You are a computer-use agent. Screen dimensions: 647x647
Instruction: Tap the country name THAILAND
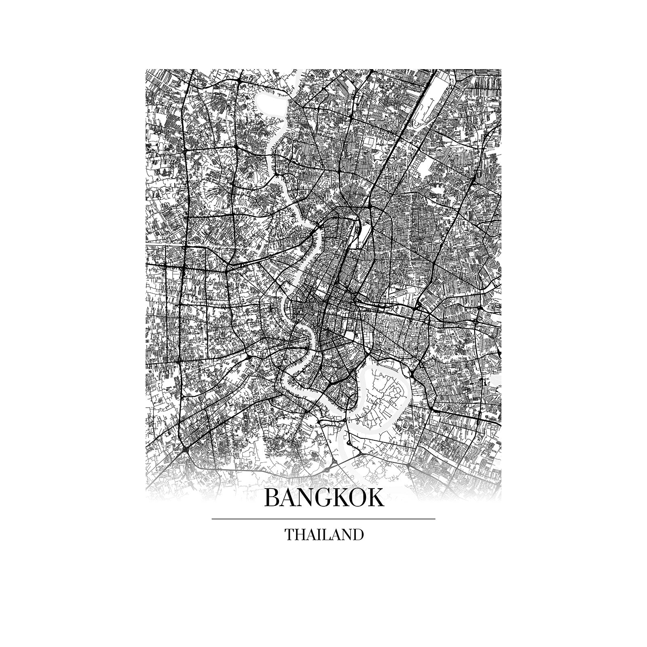click(x=324, y=535)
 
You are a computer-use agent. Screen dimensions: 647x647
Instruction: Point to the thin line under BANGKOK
click(x=323, y=518)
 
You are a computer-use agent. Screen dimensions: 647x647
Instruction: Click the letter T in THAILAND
click(x=290, y=535)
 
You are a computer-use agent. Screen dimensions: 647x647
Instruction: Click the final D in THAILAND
click(x=358, y=535)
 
